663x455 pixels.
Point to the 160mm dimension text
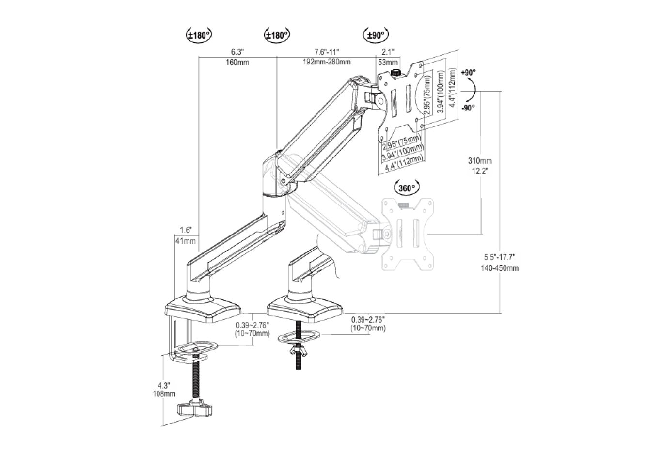pyautogui.click(x=237, y=62)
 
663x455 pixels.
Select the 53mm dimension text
pyautogui.click(x=388, y=62)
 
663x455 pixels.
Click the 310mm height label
pyautogui.click(x=480, y=161)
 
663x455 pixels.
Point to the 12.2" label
pyautogui.click(x=480, y=171)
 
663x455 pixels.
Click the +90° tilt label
pyautogui.click(x=468, y=72)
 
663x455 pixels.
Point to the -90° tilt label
pyautogui.click(x=468, y=108)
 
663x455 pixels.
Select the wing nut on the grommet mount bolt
pyautogui.click(x=296, y=351)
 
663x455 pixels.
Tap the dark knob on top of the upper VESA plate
pyautogui.click(x=395, y=73)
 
